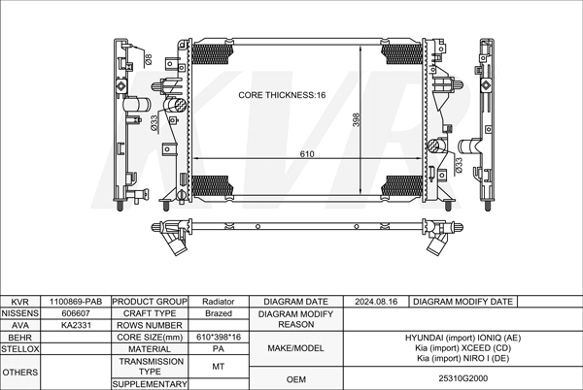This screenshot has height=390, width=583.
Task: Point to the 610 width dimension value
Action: coord(307,155)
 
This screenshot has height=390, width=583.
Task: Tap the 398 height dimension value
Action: coord(357,119)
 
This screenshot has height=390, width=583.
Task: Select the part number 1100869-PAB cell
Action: coord(76,303)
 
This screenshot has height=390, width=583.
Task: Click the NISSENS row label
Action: coord(19,314)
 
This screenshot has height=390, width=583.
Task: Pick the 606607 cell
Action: coord(76,314)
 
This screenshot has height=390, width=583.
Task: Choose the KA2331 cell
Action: coord(76,326)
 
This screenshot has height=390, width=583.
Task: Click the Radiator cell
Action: coord(219,303)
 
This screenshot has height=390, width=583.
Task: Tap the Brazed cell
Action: coord(219,314)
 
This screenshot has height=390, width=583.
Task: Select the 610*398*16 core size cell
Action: coord(219,337)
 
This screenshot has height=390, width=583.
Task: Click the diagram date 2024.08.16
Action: coord(377,303)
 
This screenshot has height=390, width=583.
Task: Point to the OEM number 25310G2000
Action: coord(462,377)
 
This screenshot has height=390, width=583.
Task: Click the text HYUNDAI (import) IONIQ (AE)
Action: coord(462,337)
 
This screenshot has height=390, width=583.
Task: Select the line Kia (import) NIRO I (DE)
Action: coord(462,358)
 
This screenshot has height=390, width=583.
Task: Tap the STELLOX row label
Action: coord(19,347)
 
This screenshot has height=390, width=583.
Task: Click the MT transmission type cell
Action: coord(219,367)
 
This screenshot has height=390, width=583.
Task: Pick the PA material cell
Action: coord(219,348)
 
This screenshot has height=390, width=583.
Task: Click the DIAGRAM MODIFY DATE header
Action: coord(462,303)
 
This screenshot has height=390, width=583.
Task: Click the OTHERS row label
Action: coord(19,372)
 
